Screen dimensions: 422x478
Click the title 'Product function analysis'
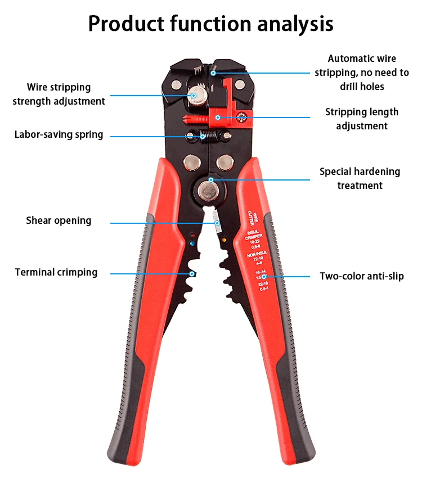[x=210, y=24]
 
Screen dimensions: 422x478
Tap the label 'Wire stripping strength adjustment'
[x=59, y=94]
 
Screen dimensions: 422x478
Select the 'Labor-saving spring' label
[x=59, y=135]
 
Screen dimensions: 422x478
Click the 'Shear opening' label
[x=59, y=220]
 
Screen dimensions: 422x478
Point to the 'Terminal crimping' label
[x=56, y=273]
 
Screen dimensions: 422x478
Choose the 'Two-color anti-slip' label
[x=361, y=276]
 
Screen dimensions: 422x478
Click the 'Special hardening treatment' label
[x=360, y=178]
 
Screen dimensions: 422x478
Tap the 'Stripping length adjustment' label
[x=361, y=119]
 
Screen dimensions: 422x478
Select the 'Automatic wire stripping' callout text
[x=361, y=73]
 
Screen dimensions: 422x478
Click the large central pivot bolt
[x=210, y=191]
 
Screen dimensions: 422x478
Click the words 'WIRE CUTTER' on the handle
[x=253, y=216]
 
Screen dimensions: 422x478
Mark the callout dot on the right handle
[x=264, y=277]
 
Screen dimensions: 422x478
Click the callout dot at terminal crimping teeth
[x=192, y=274]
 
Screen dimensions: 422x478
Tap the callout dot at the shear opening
[x=217, y=223]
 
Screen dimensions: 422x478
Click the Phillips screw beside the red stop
[x=241, y=118]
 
